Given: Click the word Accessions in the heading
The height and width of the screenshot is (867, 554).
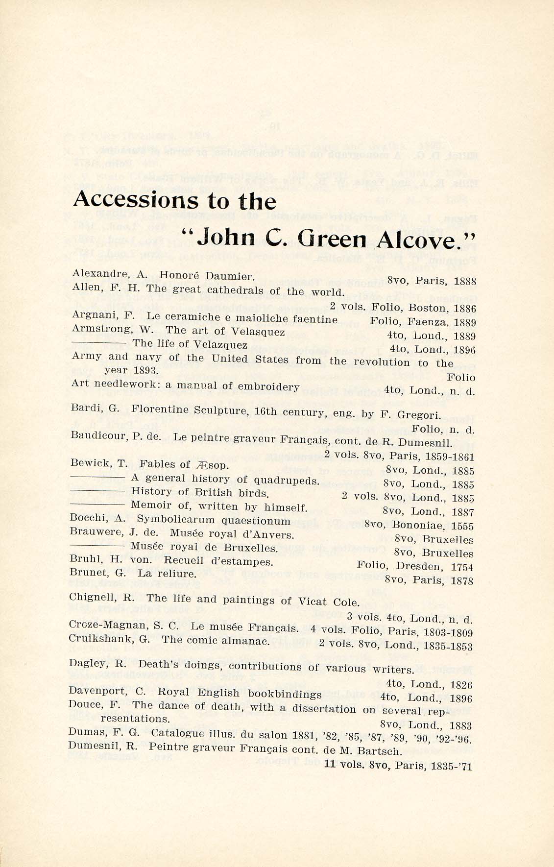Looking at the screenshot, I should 133,200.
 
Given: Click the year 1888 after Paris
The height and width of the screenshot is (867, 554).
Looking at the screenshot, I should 464,282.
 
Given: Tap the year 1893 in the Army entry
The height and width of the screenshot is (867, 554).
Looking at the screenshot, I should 144,370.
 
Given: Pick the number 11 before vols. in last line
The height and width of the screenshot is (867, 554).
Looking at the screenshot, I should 330,764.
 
